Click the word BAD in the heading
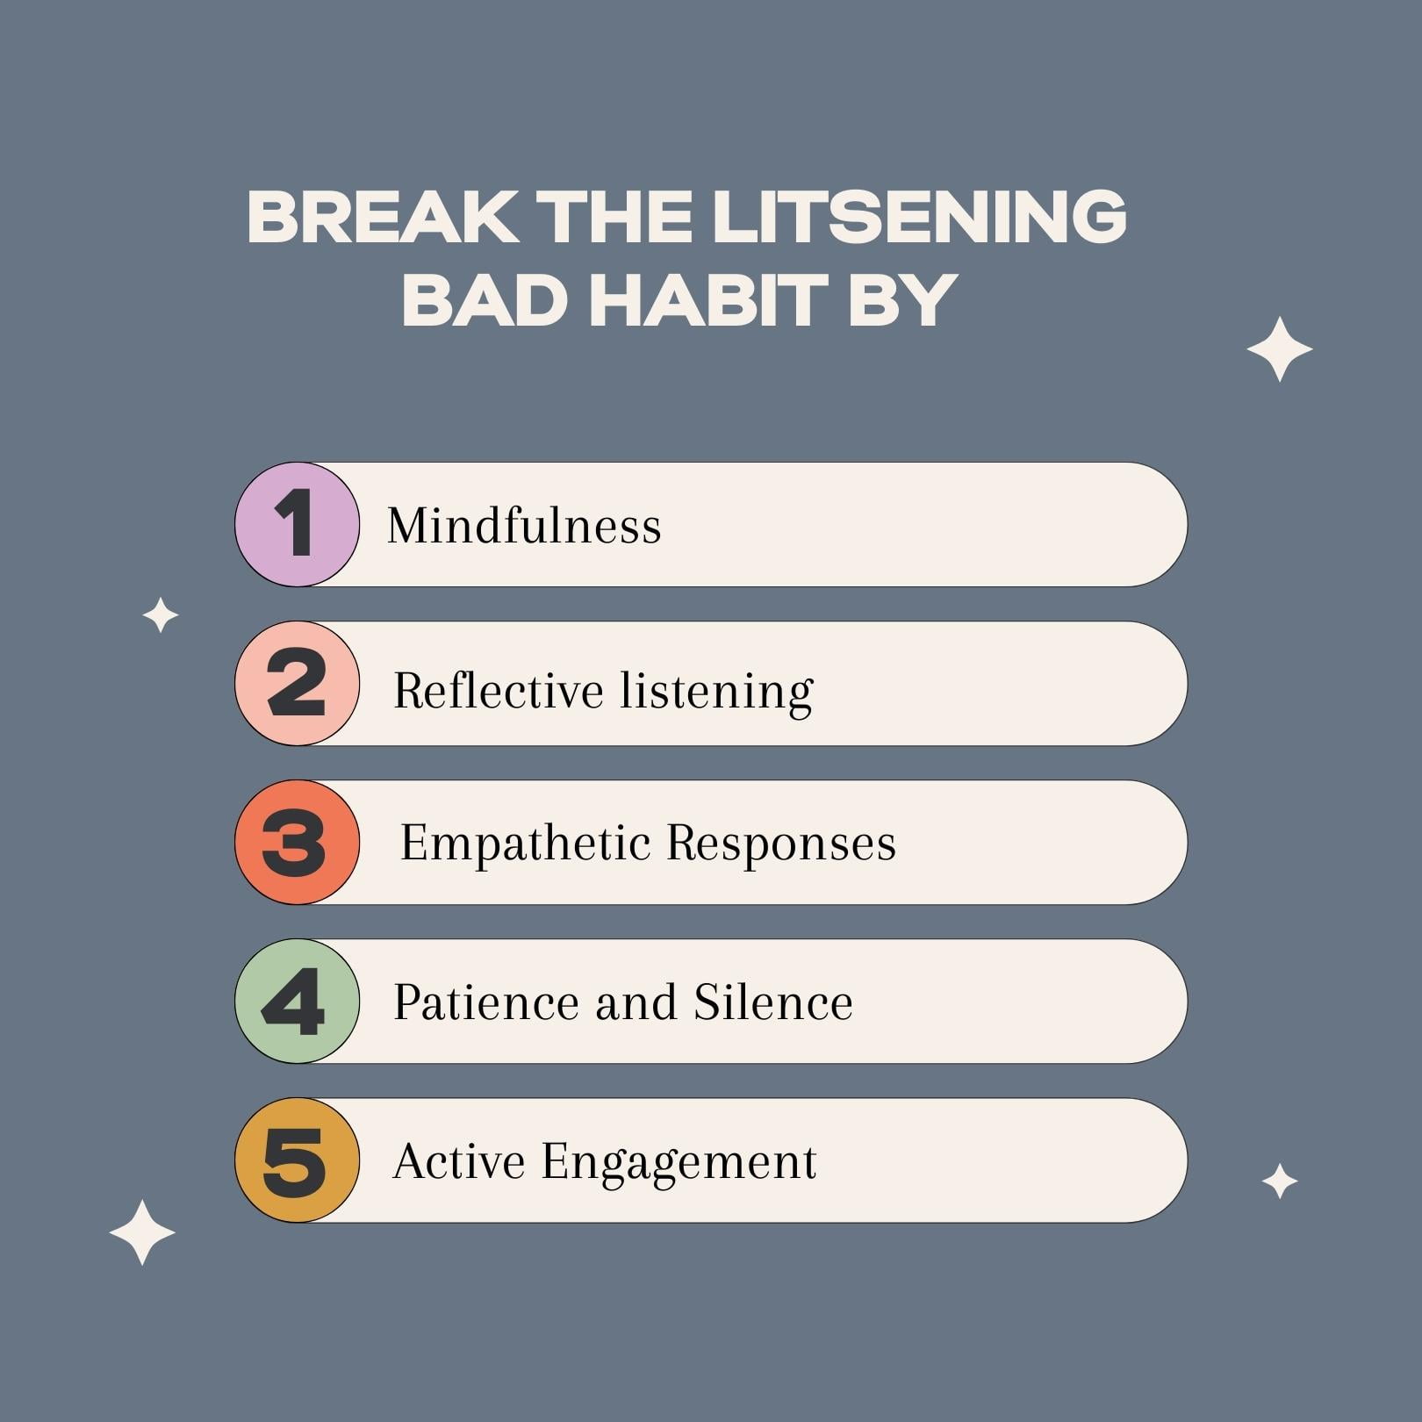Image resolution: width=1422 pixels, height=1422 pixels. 484,299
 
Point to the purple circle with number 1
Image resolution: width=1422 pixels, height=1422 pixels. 297,524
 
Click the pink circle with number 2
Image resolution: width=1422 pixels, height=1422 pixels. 297,683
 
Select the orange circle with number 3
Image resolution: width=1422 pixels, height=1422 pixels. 297,842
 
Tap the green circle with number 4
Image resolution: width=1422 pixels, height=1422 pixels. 297,1001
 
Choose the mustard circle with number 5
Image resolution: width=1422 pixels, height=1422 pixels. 297,1160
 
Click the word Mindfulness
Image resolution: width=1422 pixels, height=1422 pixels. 524,526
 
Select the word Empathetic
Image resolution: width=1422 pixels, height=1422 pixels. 524,844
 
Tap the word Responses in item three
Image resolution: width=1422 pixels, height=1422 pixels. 780,844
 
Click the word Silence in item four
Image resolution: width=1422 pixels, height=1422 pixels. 772,1002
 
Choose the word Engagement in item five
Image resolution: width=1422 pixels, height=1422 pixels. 679,1162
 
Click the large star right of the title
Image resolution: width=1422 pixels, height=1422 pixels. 1279,349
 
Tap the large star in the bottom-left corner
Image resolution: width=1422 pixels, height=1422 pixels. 142,1232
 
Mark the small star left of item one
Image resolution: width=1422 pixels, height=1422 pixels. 161,614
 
